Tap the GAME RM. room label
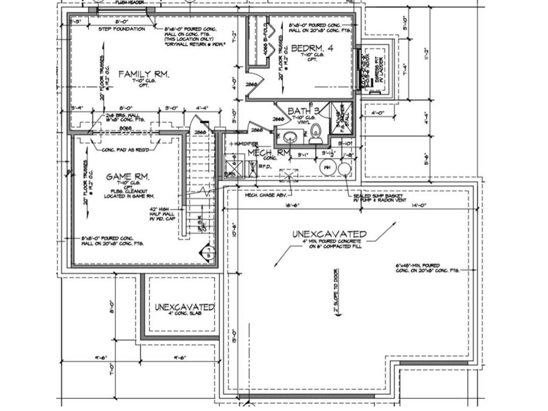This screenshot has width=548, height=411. tap(127, 177)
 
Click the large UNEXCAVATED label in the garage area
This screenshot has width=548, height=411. tap(329, 234)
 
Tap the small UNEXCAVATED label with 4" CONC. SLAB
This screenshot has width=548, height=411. tap(185, 308)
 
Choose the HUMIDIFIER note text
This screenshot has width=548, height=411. tap(245, 144)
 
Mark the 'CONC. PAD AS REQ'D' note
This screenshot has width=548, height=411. tap(125, 150)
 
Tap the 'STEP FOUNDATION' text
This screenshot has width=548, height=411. tap(122, 29)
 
